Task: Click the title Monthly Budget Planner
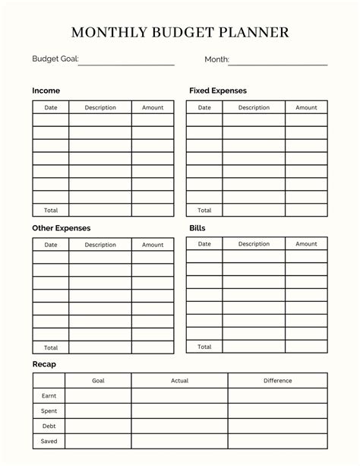pyautogui.click(x=180, y=33)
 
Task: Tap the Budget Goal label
pyautogui.click(x=55, y=59)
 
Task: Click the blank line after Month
pyautogui.click(x=279, y=61)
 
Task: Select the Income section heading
pyautogui.click(x=46, y=90)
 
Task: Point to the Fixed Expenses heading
pyautogui.click(x=217, y=90)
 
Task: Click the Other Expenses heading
pyautogui.click(x=61, y=227)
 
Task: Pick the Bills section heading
pyautogui.click(x=197, y=227)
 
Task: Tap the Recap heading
pyautogui.click(x=44, y=364)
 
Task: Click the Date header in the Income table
pyautogui.click(x=51, y=108)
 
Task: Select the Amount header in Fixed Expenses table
pyautogui.click(x=306, y=108)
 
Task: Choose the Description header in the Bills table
pyautogui.click(x=254, y=244)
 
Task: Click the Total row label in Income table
pyautogui.click(x=51, y=211)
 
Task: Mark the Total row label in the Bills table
pyautogui.click(x=204, y=347)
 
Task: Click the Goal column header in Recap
pyautogui.click(x=99, y=380)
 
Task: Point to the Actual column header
pyautogui.click(x=179, y=380)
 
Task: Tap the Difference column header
pyautogui.click(x=278, y=380)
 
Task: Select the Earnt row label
pyautogui.click(x=49, y=395)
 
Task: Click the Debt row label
pyautogui.click(x=49, y=426)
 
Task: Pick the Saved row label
pyautogui.click(x=49, y=441)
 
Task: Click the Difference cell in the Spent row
pyautogui.click(x=278, y=411)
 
